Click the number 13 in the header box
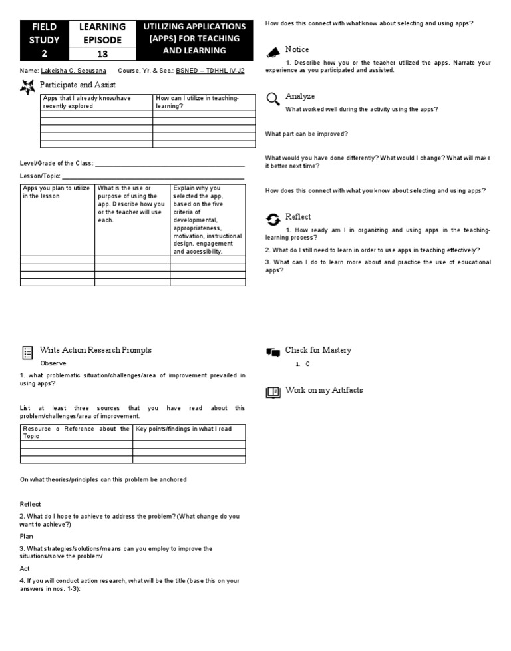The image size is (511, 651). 102,51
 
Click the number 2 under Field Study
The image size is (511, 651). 43,51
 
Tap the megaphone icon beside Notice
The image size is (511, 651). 273,52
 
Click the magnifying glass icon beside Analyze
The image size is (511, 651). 273,99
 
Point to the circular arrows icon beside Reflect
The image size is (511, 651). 273,219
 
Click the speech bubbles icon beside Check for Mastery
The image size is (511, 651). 273,352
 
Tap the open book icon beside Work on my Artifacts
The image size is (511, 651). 273,392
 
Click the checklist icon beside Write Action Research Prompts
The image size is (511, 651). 27,352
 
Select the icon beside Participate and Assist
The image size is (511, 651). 27,86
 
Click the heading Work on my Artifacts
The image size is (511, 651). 324,390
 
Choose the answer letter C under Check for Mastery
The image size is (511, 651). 308,365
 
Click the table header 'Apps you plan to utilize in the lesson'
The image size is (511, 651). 57,192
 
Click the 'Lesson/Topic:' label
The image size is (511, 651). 41,176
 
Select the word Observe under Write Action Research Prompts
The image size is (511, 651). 53,363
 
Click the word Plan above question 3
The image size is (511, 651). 27,536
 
